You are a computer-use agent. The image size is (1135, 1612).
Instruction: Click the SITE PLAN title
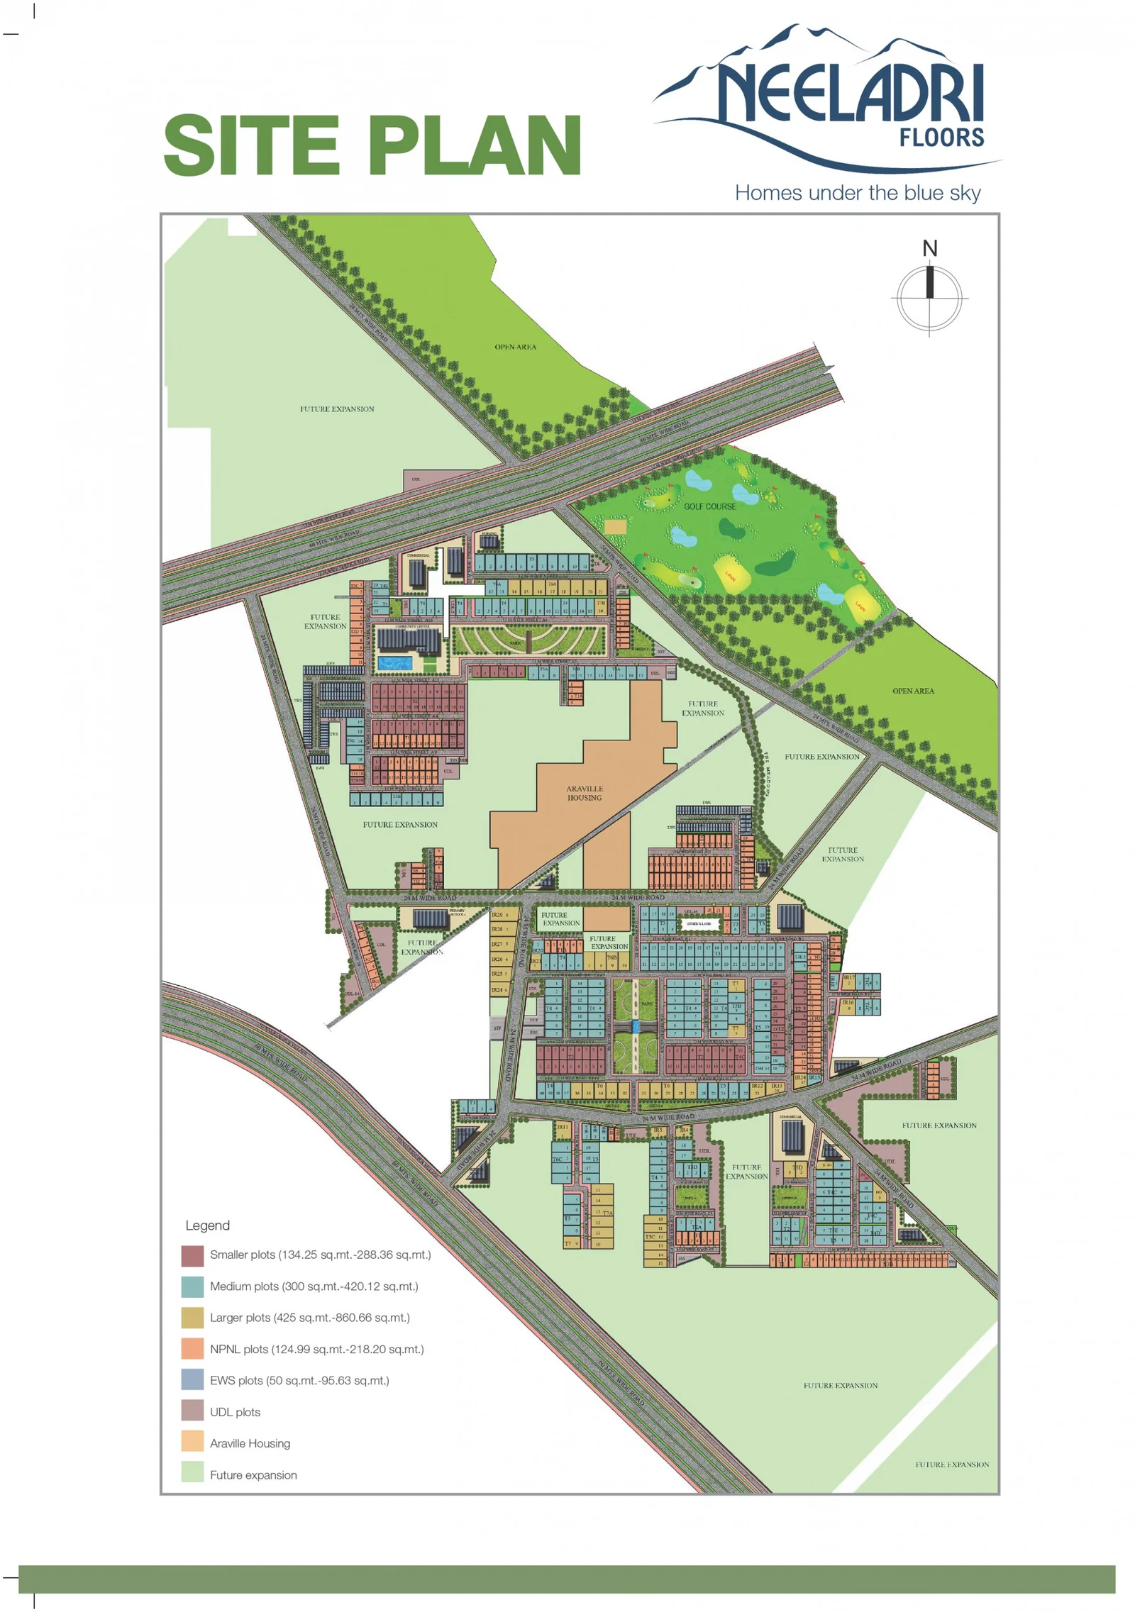[372, 145]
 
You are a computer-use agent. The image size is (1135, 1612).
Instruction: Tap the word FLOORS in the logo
[941, 138]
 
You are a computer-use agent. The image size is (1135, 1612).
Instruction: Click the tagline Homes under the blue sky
[857, 193]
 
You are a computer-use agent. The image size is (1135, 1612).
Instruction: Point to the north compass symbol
[929, 296]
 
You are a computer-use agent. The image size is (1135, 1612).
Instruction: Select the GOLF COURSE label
[709, 506]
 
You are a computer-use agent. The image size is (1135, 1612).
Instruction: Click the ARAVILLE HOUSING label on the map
[584, 793]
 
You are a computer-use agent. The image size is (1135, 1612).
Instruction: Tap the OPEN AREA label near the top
[515, 347]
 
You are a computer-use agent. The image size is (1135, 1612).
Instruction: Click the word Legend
[207, 1225]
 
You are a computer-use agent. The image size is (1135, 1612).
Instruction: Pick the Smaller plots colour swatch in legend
[192, 1255]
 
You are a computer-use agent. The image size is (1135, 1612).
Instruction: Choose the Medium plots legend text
[314, 1286]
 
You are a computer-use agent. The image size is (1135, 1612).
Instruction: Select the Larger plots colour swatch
[192, 1318]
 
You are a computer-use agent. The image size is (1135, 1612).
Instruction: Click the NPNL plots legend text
[316, 1349]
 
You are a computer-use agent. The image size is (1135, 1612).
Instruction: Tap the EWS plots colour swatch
[192, 1380]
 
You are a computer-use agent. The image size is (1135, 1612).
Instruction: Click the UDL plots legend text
[235, 1412]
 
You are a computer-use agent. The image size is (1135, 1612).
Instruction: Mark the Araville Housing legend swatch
[192, 1443]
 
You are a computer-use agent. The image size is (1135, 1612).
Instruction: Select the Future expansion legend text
[253, 1475]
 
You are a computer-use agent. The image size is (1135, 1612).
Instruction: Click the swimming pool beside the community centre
[394, 663]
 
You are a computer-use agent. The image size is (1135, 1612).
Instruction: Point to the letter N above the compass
[929, 248]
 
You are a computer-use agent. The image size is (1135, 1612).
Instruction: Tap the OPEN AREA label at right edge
[913, 691]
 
